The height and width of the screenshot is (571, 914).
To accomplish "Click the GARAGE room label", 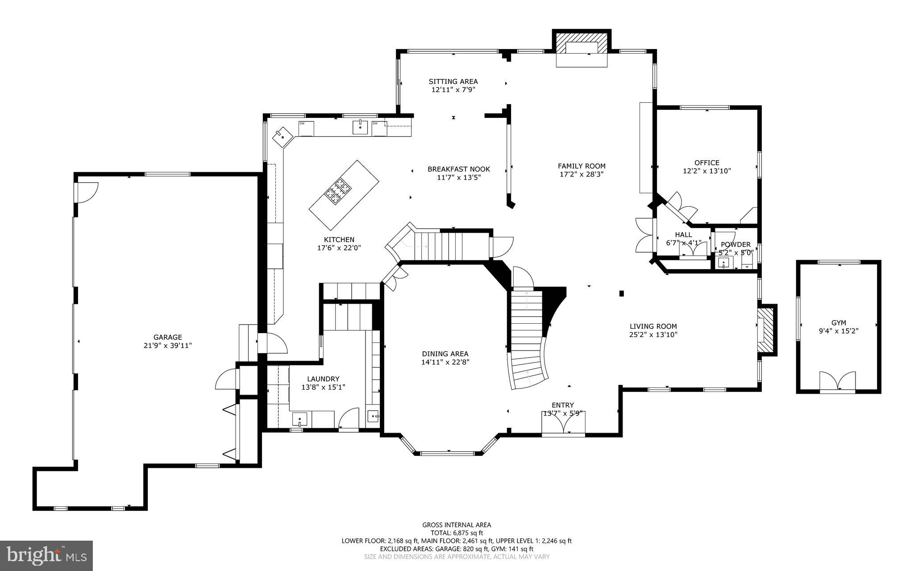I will (168, 338).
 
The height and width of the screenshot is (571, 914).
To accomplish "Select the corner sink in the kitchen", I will (282, 136).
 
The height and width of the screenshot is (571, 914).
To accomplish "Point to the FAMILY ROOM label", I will (582, 166).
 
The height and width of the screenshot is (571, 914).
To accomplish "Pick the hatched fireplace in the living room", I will (766, 329).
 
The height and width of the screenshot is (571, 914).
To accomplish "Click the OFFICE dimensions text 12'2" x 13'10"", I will (706, 171).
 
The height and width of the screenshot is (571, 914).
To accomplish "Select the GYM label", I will (839, 323).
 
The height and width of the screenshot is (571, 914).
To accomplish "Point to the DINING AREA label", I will (445, 354).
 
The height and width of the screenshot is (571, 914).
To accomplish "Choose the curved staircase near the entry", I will (529, 342).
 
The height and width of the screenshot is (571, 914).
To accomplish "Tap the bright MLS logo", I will (46, 555).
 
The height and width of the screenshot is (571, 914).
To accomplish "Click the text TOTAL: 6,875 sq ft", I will (457, 533).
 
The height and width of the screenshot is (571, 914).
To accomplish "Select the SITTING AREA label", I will (453, 81).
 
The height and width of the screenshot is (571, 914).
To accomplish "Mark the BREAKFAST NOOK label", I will (458, 169).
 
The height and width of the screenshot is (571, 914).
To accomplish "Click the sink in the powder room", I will (723, 262).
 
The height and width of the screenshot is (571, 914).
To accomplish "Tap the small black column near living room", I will (621, 293).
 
